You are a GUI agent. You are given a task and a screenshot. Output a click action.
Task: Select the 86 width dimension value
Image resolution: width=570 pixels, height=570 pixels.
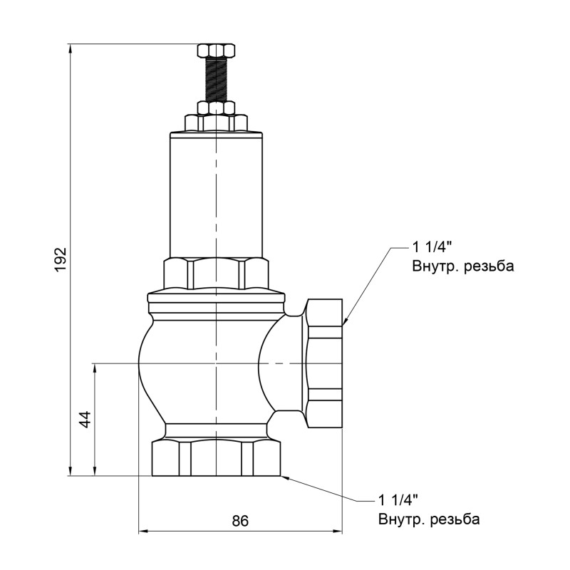240,521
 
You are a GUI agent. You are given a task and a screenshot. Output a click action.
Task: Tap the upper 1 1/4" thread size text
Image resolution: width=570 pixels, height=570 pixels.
432,248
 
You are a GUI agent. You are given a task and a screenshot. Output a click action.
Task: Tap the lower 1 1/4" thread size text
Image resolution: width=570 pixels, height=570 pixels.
398,499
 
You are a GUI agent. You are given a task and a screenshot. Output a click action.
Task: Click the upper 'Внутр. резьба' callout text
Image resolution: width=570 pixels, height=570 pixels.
462,267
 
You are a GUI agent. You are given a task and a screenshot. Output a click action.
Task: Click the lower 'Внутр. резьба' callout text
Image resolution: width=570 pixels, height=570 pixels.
429,519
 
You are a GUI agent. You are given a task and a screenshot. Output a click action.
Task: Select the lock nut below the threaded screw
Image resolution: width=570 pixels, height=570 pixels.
216,108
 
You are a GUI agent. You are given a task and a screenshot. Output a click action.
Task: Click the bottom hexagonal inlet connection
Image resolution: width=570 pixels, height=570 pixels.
216,459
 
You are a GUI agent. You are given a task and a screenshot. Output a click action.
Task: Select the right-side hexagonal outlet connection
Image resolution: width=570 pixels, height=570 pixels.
324,363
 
